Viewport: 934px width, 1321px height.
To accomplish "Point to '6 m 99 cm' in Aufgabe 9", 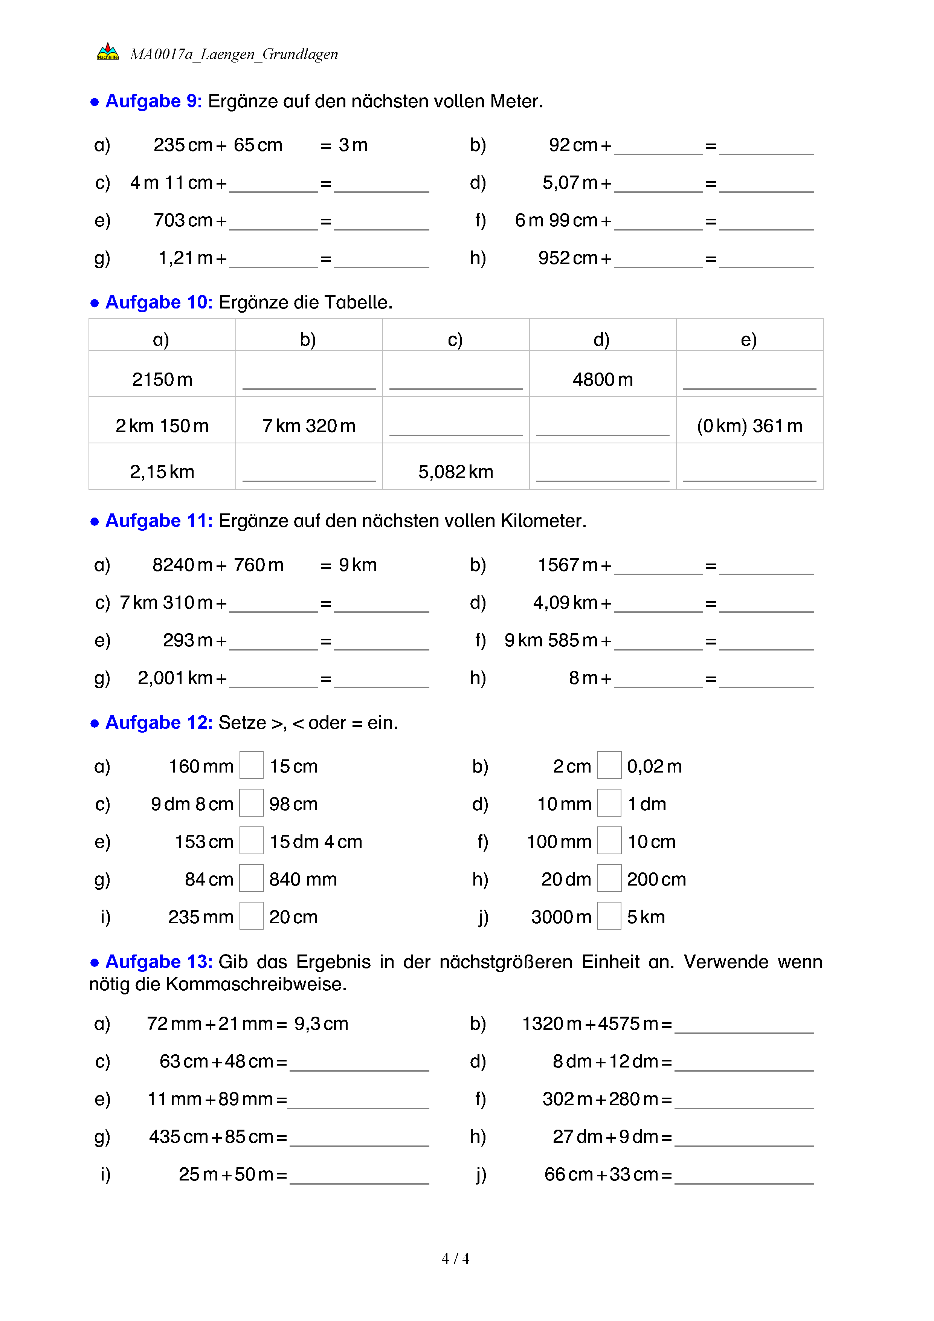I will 556,220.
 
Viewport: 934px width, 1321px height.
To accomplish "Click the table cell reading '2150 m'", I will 162,380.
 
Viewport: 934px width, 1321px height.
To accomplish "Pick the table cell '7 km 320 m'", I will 309,426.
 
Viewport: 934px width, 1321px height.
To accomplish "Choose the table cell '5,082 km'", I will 455,472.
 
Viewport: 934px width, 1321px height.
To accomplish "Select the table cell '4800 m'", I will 603,380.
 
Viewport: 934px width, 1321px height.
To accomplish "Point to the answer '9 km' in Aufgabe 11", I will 358,565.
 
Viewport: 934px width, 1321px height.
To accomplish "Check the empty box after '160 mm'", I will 251,766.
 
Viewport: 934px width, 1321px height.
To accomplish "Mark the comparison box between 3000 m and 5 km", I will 609,916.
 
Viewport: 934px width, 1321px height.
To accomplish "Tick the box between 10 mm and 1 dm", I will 609,803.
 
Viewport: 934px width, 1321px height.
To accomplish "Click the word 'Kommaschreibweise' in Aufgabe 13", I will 256,984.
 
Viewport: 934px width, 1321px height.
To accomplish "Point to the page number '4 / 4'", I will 455,1259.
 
